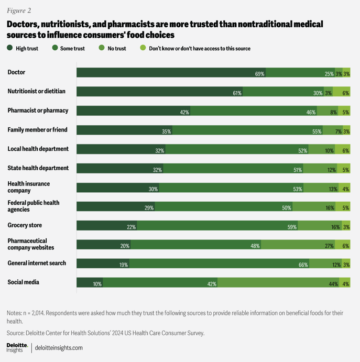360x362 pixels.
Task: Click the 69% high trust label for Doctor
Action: [x=259, y=74]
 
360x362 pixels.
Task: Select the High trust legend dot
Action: [x=10, y=48]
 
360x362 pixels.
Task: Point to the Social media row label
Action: [x=23, y=282]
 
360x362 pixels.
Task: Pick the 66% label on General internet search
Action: [x=303, y=265]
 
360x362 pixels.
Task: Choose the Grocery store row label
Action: [x=25, y=225]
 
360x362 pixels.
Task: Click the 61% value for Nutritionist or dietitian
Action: [x=237, y=93]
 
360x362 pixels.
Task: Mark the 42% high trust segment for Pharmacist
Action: [x=133, y=112]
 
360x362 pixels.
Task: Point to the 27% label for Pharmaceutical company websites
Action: [x=330, y=246]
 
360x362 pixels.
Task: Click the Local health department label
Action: [x=38, y=149]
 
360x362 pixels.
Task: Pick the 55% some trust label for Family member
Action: [x=317, y=131]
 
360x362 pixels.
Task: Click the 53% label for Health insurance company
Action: [x=298, y=189]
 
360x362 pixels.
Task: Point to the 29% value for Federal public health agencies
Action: [x=149, y=207]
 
